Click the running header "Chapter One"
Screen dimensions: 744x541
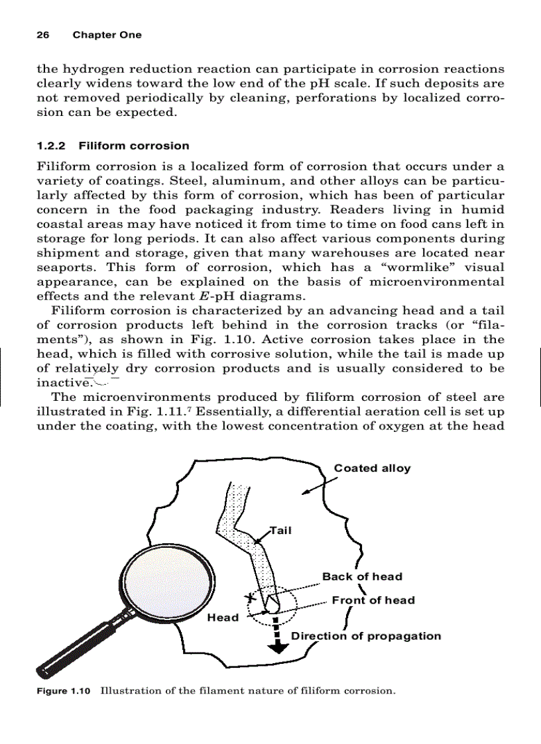click(107, 35)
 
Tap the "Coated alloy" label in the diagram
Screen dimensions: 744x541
click(372, 468)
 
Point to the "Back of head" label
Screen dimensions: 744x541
click(362, 576)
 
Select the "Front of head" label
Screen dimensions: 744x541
click(373, 600)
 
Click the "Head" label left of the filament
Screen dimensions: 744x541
click(223, 617)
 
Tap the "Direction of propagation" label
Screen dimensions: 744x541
click(366, 636)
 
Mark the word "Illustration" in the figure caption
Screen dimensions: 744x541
click(129, 692)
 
